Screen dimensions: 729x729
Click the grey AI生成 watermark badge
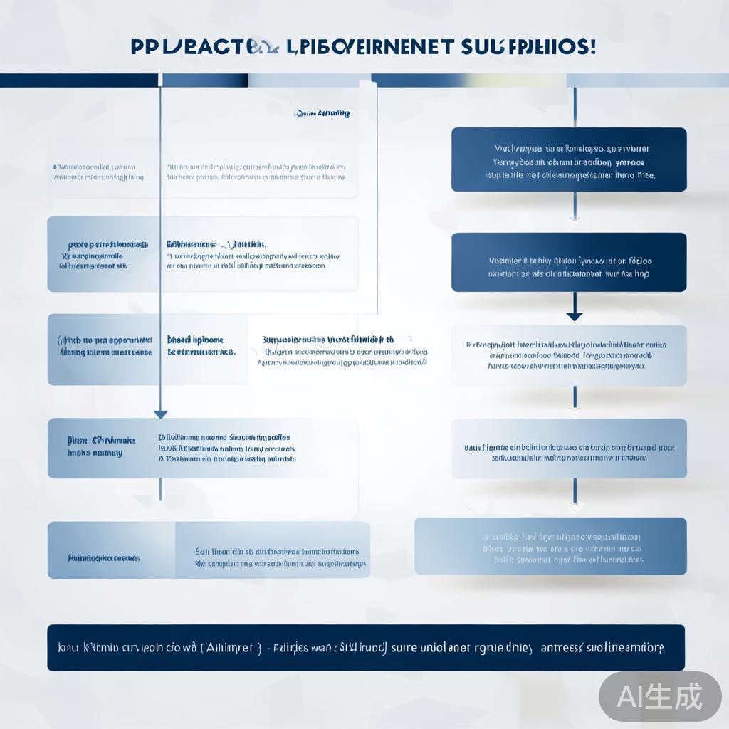point(660,696)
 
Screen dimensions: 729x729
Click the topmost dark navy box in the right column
point(569,159)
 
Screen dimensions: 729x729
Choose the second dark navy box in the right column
point(569,261)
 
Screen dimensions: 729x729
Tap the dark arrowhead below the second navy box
point(574,315)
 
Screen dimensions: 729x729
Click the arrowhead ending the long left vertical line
point(161,414)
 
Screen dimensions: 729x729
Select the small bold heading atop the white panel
point(322,113)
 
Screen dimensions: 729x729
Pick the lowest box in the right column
point(550,546)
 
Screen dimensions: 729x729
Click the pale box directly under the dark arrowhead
point(569,355)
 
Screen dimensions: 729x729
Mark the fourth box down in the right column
point(569,449)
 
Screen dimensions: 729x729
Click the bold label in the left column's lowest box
point(103,558)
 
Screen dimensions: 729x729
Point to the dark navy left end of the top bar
point(78,80)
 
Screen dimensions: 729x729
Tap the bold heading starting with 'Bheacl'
point(195,340)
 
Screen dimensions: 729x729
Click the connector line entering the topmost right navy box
point(575,107)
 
